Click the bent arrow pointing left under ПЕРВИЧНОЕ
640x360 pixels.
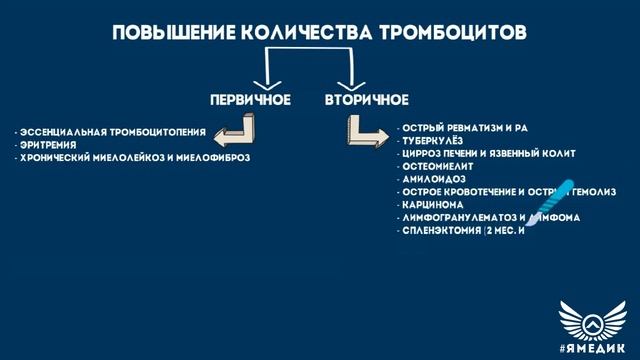pos(237,127)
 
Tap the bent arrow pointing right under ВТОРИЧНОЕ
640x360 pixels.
pos(363,129)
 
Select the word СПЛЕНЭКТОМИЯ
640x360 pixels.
pos(440,230)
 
